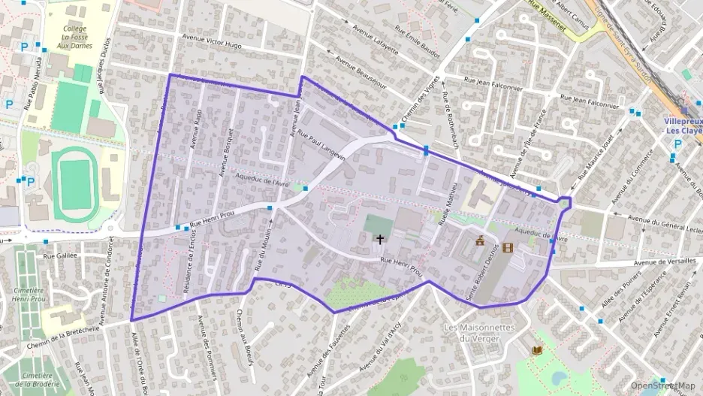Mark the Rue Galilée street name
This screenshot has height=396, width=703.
point(60,255)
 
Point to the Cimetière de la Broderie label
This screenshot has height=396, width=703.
point(34,379)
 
